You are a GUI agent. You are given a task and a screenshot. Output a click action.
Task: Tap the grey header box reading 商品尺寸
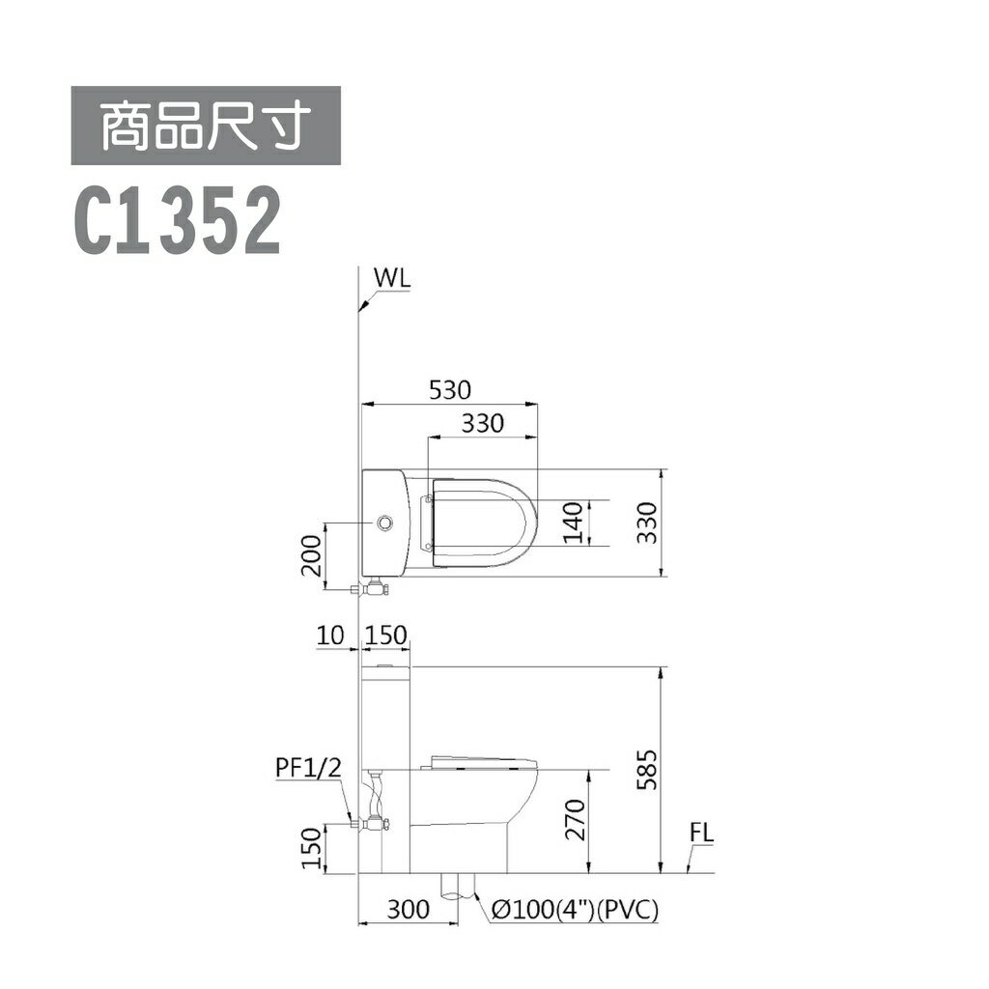(x=205, y=126)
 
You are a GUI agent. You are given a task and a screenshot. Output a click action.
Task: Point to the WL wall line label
(x=393, y=278)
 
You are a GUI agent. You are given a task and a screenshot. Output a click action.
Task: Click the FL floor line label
(x=702, y=834)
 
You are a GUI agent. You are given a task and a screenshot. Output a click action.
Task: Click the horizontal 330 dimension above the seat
(x=482, y=423)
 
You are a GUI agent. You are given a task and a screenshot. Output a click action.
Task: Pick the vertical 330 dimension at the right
(x=649, y=523)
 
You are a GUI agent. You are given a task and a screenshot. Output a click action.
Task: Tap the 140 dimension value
(x=575, y=523)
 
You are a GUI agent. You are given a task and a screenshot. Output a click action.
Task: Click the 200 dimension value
(x=311, y=554)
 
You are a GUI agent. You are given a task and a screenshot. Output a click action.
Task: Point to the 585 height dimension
(x=649, y=770)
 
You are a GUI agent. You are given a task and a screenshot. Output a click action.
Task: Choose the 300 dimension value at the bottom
(x=408, y=909)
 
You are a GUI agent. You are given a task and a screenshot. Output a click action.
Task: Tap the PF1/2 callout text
(x=308, y=768)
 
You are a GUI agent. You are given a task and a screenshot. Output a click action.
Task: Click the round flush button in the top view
(x=386, y=523)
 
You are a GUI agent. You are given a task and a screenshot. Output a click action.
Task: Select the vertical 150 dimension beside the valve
(x=311, y=848)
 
